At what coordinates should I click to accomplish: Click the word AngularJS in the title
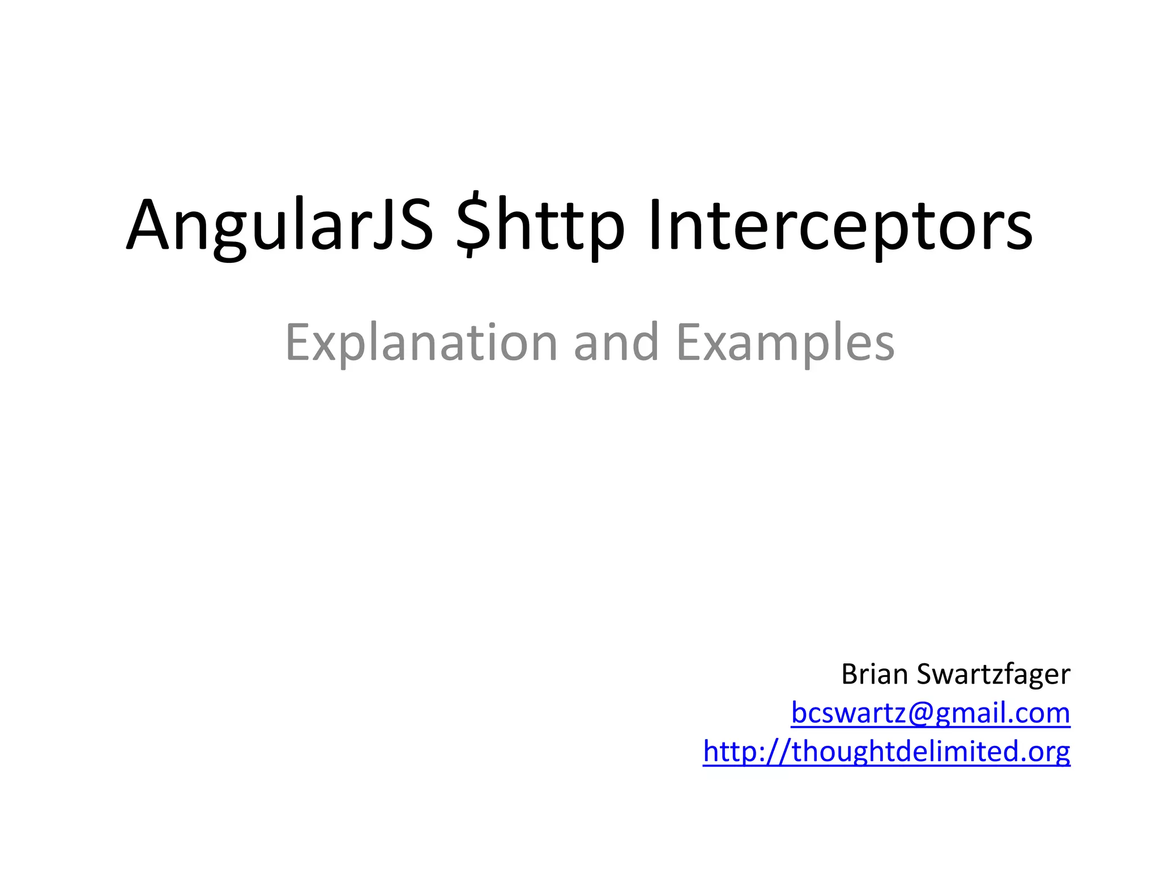(279, 225)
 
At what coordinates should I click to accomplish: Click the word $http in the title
(540, 225)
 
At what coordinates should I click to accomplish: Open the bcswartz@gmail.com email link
(930, 713)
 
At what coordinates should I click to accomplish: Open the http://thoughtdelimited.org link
(886, 751)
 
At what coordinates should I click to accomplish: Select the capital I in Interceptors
(655, 225)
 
